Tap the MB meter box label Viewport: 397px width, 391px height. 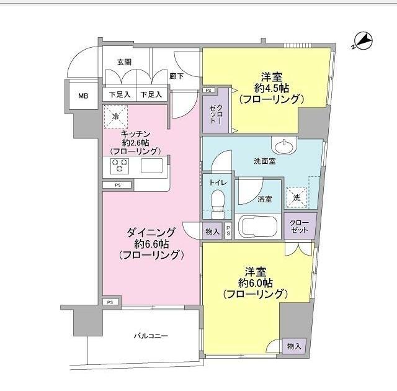point(83,96)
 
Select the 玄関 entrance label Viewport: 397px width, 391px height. point(123,62)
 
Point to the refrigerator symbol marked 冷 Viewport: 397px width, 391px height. point(115,115)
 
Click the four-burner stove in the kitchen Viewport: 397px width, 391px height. point(120,166)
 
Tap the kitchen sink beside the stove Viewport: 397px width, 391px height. point(151,166)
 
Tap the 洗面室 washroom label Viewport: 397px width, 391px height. point(265,161)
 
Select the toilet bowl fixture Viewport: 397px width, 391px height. point(217,202)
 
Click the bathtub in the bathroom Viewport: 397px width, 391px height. point(259,227)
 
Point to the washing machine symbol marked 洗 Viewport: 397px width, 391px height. point(297,197)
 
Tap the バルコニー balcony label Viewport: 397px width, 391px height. point(151,336)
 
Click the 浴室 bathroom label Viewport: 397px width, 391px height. point(265,199)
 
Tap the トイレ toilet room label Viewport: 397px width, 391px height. point(217,182)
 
